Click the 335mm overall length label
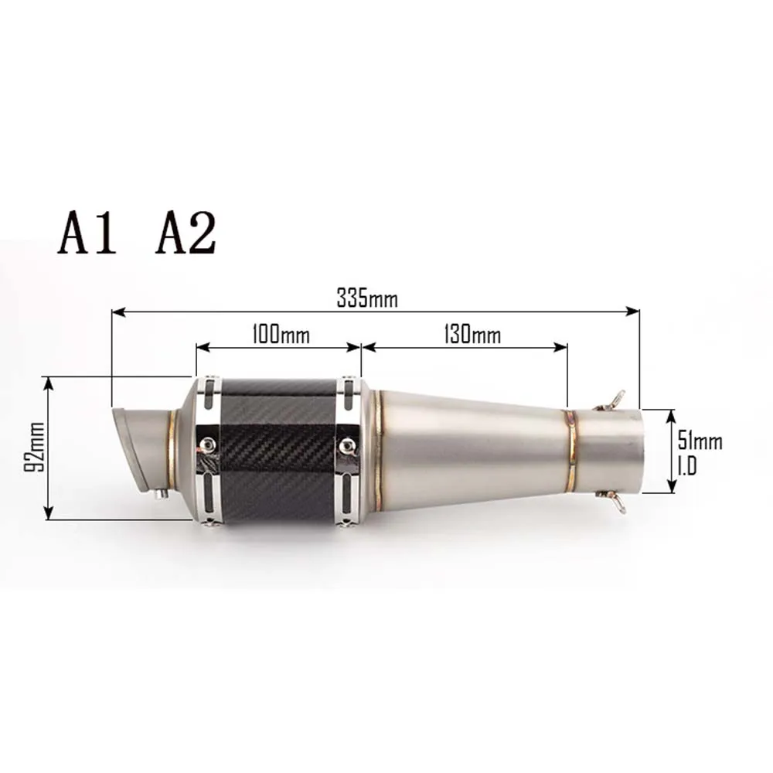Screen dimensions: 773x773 [366, 298]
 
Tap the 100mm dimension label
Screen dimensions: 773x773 [281, 334]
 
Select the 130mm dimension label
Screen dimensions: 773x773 [472, 334]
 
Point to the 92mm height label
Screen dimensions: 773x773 [35, 447]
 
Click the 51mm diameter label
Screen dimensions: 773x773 [700, 441]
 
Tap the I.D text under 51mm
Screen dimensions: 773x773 [687, 466]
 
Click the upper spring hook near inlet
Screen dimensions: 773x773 [611, 400]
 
